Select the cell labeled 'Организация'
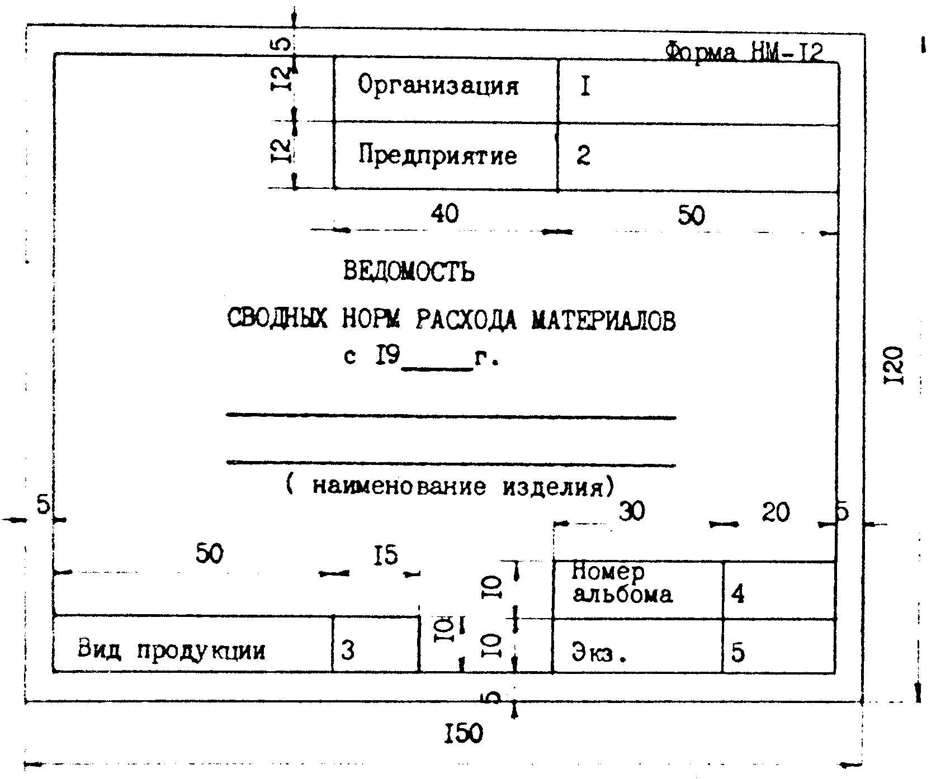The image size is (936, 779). click(438, 86)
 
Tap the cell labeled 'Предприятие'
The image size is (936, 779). click(438, 155)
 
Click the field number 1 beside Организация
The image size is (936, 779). click(585, 88)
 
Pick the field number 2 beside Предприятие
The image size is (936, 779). click(583, 156)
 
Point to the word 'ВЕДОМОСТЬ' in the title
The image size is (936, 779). click(409, 272)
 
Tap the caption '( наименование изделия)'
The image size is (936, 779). click(450, 486)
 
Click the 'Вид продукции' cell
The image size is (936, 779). click(172, 650)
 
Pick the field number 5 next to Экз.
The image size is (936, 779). click(738, 652)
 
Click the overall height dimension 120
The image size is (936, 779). click(895, 365)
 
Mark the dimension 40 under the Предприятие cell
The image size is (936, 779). click(445, 213)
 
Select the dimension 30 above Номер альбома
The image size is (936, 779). click(632, 511)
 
